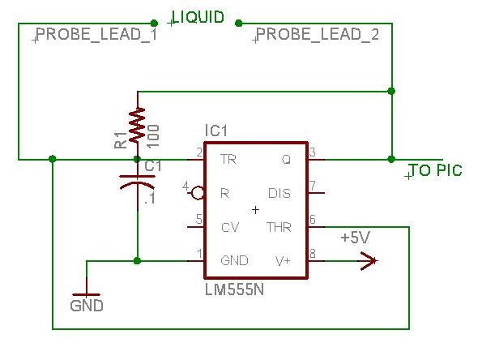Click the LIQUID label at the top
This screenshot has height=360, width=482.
(198, 17)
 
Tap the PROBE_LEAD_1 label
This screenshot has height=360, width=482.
(97, 34)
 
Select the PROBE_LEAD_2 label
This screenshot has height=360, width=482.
(318, 34)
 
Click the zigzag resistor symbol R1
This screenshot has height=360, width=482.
(138, 125)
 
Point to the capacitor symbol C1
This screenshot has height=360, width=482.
(137, 182)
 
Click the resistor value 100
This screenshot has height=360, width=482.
(153, 136)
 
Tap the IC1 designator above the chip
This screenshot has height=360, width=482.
(216, 131)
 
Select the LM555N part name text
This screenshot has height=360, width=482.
(234, 289)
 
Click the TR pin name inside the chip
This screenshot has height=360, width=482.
(228, 160)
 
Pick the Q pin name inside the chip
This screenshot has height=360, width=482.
(286, 160)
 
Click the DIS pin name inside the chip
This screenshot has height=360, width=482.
(279, 193)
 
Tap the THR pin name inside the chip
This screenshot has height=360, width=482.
(279, 227)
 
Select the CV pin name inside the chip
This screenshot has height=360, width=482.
(230, 227)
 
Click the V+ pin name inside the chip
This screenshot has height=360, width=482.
(283, 261)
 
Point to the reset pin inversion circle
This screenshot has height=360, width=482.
(198, 193)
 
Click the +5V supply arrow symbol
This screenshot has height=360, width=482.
(369, 261)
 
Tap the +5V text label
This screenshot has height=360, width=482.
(355, 238)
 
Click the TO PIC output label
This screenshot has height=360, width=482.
(436, 170)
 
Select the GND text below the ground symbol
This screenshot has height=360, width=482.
(87, 306)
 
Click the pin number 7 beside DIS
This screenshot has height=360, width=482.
(313, 186)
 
